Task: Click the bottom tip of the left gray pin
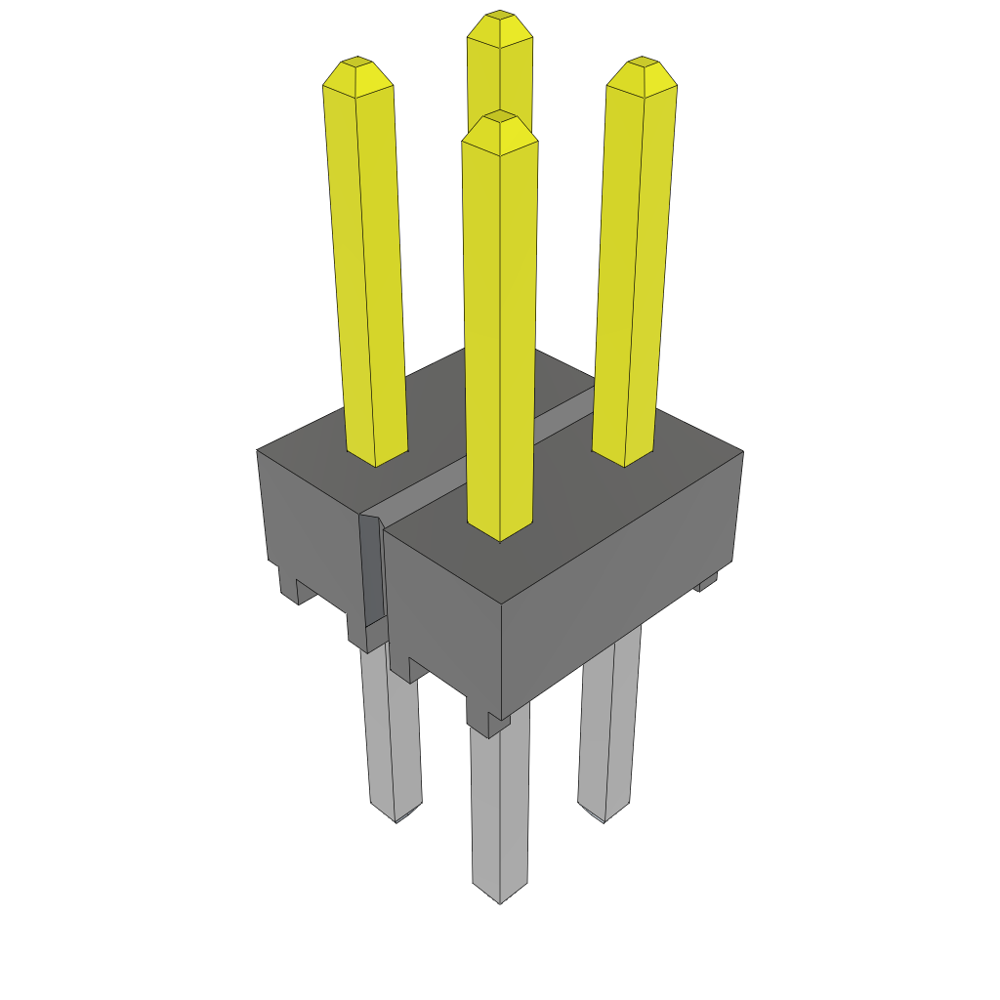click(396, 818)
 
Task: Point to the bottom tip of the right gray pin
click(604, 818)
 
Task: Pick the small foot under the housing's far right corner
click(707, 583)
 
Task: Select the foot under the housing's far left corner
click(289, 586)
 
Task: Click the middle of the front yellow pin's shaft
click(500, 332)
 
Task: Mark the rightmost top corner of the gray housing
click(742, 452)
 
